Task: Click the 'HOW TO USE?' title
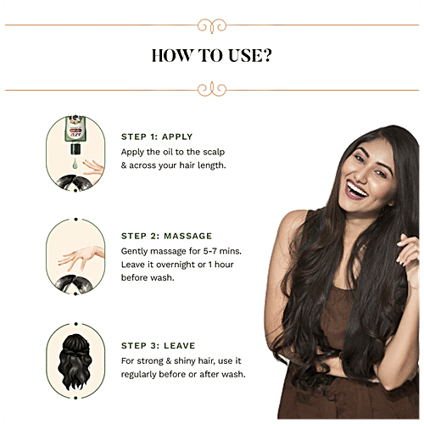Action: click(x=212, y=55)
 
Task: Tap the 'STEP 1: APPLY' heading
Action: click(x=157, y=137)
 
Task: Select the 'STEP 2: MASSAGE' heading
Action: click(x=166, y=236)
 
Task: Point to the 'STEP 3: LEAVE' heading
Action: click(x=159, y=346)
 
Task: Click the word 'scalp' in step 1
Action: click(x=214, y=152)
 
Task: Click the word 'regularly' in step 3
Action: click(x=139, y=374)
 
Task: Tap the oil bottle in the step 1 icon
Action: click(x=75, y=135)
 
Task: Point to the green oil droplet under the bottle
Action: click(x=75, y=164)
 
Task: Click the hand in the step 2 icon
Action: click(x=81, y=258)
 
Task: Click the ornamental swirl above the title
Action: click(x=212, y=26)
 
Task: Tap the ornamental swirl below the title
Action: click(x=212, y=89)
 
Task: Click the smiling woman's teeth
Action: click(x=357, y=190)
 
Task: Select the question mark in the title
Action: click(x=265, y=55)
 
